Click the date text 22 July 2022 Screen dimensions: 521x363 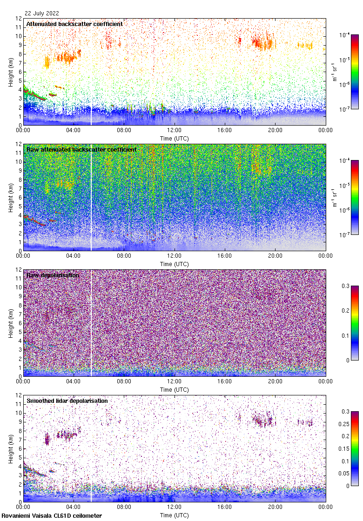pos(42,13)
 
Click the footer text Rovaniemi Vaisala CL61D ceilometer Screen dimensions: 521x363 pos(51,515)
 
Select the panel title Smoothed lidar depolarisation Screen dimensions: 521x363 pos(67,401)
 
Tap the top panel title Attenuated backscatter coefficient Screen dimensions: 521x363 pos(74,24)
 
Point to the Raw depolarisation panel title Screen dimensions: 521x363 pos(53,275)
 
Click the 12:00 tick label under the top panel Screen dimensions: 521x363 pos(175,130)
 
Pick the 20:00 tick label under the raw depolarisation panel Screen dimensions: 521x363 pos(275,381)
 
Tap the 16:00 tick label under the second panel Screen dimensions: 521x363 pos(225,256)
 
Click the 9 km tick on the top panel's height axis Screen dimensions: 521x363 pos(19,45)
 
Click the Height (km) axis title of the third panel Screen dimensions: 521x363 pos(10,322)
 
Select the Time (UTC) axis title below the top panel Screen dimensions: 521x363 pos(175,138)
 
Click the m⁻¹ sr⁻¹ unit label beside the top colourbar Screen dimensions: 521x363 pos(336,72)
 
